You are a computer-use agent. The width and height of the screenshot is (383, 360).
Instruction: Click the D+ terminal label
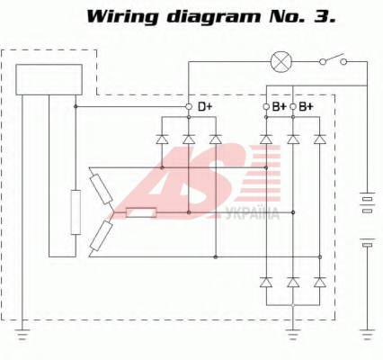205,106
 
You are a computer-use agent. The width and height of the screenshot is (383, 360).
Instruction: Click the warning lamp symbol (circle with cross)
281,62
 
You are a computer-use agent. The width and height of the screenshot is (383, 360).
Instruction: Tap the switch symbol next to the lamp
333,60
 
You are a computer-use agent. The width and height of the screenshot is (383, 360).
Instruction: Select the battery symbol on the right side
367,220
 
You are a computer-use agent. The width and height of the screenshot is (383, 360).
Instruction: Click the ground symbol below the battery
367,334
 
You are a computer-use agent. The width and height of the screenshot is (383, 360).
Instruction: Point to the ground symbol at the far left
22,334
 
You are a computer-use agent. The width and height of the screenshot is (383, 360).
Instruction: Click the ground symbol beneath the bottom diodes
293,334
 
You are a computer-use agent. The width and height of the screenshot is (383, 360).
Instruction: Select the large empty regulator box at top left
49,79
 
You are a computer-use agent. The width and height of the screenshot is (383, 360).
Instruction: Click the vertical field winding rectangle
76,212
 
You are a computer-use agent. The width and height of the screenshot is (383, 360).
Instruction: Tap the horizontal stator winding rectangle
141,212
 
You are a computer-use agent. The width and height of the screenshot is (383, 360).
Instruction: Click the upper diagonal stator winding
101,189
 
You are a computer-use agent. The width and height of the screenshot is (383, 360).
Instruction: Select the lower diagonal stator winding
102,236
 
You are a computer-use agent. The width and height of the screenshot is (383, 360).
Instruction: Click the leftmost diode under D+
162,139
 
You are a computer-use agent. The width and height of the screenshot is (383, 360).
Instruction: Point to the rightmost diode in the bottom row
320,283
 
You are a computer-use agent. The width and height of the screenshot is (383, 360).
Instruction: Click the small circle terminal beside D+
189,106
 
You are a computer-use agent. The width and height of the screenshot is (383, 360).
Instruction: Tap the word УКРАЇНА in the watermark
253,214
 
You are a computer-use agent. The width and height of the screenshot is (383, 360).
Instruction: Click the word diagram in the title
214,17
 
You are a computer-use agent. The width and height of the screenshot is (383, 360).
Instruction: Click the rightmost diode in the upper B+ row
320,139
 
